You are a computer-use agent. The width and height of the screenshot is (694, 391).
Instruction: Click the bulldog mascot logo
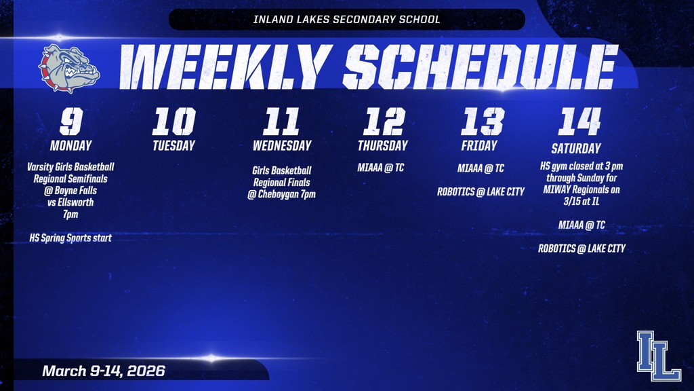(69, 68)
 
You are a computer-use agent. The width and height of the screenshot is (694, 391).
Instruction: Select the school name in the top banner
(346, 19)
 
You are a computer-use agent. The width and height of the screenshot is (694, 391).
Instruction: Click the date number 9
(70, 122)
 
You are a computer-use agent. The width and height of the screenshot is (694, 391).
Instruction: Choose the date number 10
(173, 122)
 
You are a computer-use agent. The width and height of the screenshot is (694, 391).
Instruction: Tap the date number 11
(281, 122)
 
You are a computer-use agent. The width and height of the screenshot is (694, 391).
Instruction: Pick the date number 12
(383, 122)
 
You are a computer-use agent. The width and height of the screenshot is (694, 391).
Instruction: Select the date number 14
(579, 122)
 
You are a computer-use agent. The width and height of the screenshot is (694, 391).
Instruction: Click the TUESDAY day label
(173, 145)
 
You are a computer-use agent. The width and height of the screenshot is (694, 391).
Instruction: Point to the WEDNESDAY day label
(282, 145)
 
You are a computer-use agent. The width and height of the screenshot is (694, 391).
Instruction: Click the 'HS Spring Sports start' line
(70, 238)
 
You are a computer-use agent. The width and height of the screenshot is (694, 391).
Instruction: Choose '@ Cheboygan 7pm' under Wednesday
(282, 194)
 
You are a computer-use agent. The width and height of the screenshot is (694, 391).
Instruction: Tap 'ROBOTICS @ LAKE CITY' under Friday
(481, 191)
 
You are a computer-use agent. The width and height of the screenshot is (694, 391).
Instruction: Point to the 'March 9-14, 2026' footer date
(104, 371)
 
